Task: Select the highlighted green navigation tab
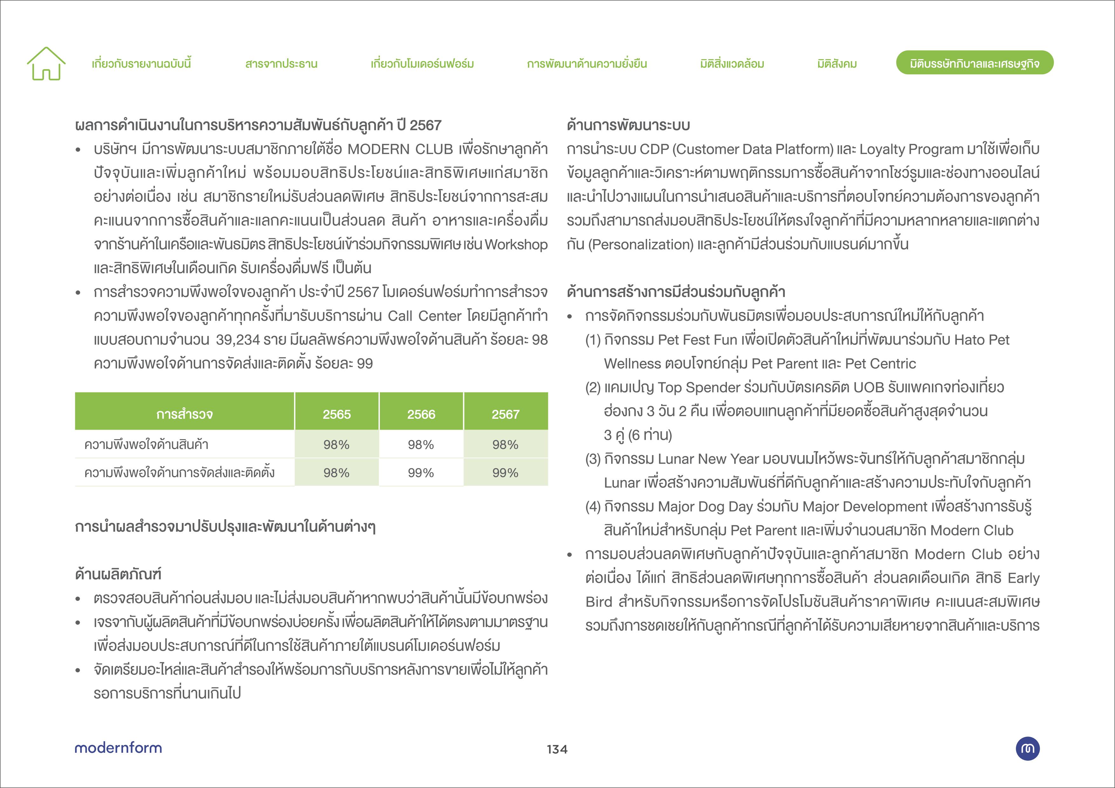974,63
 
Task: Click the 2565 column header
337,414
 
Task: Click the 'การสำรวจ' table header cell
185,414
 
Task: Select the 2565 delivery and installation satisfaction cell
337,472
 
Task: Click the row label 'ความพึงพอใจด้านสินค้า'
146,444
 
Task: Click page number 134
557,749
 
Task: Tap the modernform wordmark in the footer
118,748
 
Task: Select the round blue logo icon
1028,748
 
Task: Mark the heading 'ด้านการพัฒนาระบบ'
628,125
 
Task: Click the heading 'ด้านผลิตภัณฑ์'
118,574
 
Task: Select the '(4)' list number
593,506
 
